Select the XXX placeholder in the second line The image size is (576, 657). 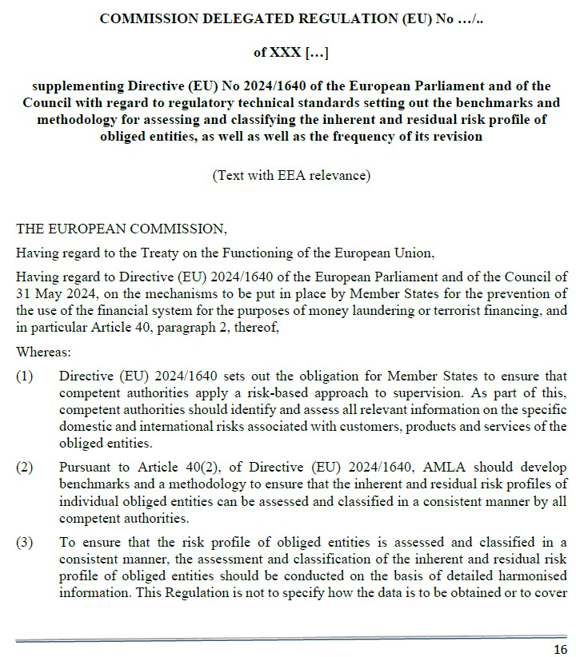(x=289, y=53)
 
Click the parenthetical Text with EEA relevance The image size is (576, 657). (x=291, y=176)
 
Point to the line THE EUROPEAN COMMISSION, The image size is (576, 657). (x=122, y=229)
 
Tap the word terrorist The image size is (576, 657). (x=478, y=308)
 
